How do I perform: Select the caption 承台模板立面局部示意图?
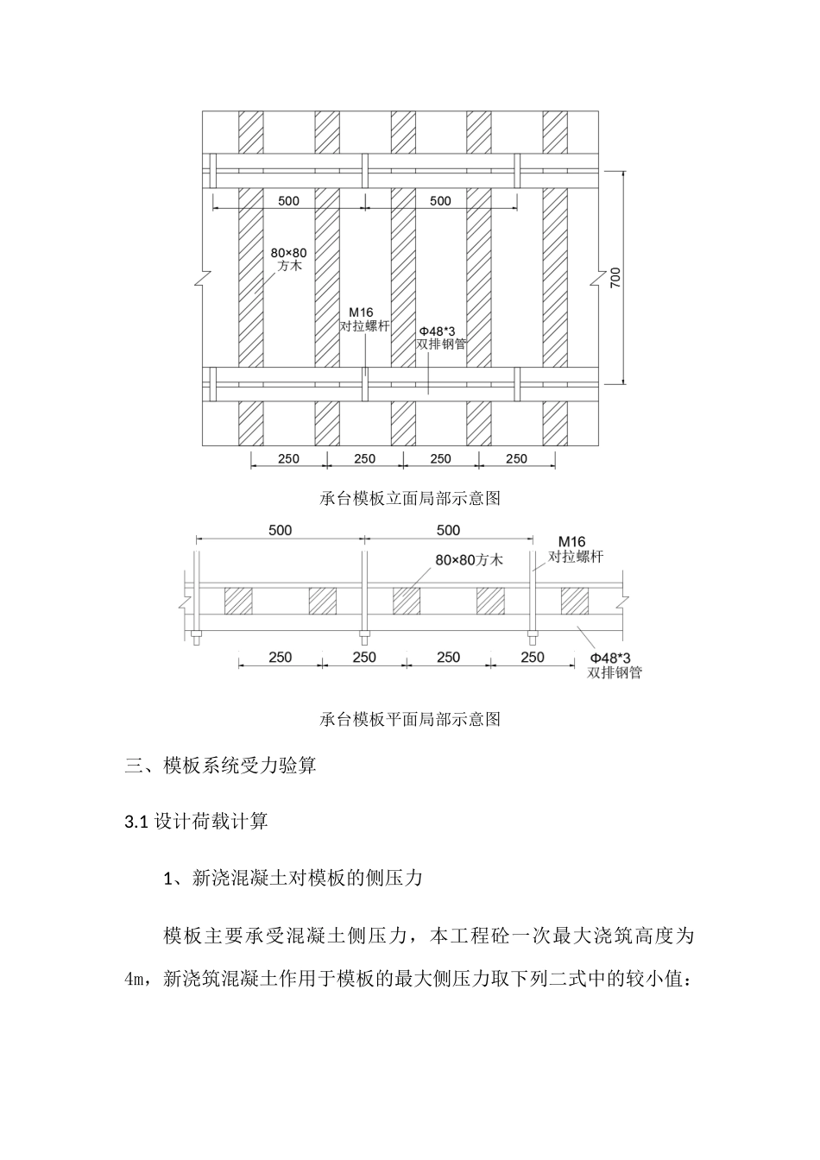pyautogui.click(x=410, y=498)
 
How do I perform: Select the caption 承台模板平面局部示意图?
pyautogui.click(x=410, y=719)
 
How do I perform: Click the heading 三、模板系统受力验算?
pyautogui.click(x=221, y=765)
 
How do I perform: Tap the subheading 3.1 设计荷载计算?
pyautogui.click(x=197, y=822)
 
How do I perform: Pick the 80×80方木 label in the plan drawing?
pyautogui.click(x=469, y=559)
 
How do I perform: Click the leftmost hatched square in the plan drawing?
pyautogui.click(x=239, y=601)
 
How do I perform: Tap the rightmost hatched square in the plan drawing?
pyautogui.click(x=574, y=601)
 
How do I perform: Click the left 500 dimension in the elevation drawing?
pyautogui.click(x=288, y=201)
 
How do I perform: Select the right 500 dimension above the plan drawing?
pyautogui.click(x=448, y=530)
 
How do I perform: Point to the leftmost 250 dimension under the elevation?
pyautogui.click(x=288, y=458)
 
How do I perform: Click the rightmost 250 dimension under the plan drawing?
pyautogui.click(x=533, y=657)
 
